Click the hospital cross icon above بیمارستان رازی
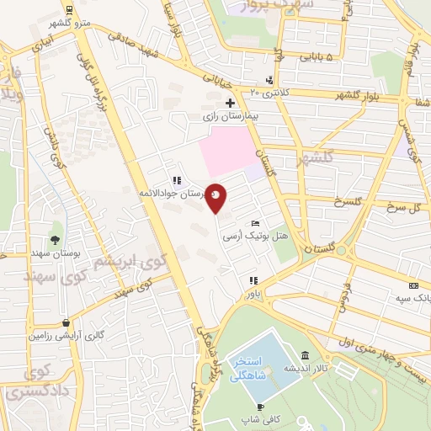click(x=230, y=102)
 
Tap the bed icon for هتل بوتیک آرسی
click(x=255, y=223)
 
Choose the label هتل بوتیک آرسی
click(x=251, y=237)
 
